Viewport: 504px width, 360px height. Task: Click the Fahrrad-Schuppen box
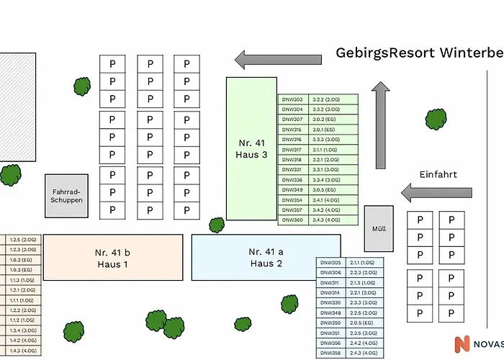[x=66, y=196]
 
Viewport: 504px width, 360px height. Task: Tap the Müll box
[x=379, y=229]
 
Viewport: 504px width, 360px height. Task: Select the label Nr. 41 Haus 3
[x=251, y=148]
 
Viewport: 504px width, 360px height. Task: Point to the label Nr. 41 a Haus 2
[x=266, y=257]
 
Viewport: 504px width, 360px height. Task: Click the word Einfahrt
[x=438, y=174]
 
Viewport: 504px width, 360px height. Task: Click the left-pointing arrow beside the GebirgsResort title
[x=278, y=59]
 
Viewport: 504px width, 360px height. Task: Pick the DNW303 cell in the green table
[x=293, y=99]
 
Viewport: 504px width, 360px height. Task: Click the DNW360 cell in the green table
[x=293, y=220]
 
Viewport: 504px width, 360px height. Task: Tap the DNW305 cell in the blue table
[x=330, y=263]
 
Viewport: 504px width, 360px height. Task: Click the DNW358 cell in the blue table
[x=330, y=354]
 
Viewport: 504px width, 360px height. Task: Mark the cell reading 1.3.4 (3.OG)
[x=23, y=330]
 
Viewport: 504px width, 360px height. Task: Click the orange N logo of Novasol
[x=462, y=345]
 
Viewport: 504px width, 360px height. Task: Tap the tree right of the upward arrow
[x=436, y=119]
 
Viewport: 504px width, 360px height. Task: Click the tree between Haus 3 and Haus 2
[x=216, y=225]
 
